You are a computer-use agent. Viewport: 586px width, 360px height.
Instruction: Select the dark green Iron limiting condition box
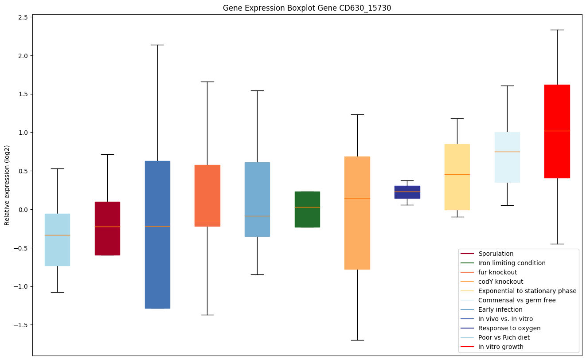tap(307, 209)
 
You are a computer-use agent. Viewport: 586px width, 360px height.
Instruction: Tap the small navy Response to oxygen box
tap(407, 192)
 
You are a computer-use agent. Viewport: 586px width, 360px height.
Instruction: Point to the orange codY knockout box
tap(357, 213)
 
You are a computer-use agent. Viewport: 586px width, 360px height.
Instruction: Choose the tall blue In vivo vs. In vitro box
tap(157, 235)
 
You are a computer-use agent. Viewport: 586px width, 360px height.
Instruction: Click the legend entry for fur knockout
tap(497, 272)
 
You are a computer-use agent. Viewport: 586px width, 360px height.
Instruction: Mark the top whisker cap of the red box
tap(557, 30)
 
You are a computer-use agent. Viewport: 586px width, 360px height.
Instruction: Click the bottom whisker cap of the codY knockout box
tap(357, 340)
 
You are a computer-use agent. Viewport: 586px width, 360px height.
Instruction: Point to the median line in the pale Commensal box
tap(507, 152)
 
